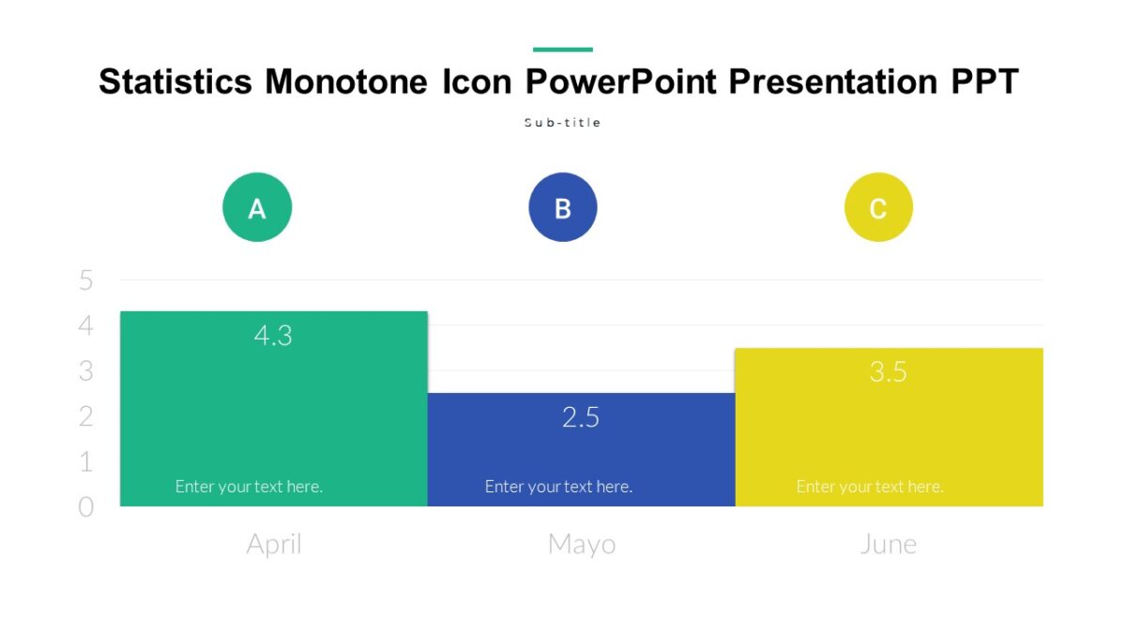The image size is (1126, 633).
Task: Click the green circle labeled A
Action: point(257,207)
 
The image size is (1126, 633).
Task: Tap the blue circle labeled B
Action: point(563,207)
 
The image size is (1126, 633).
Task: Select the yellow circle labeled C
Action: point(878,207)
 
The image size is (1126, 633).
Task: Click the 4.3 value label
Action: point(273,336)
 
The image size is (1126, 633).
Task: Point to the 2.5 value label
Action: point(581,417)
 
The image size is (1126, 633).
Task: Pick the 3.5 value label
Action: point(888,372)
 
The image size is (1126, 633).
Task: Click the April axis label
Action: point(274,544)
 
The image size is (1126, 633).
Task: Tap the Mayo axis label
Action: point(582,544)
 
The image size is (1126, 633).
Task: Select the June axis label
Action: point(888,544)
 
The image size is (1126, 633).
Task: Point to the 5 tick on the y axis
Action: point(86,280)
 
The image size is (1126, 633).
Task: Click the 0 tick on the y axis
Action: point(86,507)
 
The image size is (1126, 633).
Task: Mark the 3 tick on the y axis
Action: point(86,371)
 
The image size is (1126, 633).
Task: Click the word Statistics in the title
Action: point(175,83)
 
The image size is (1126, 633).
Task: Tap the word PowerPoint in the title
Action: point(622,83)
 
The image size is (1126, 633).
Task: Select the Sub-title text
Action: point(562,123)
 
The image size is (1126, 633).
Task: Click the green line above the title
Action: point(563,50)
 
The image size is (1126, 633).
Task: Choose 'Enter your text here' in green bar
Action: point(249,487)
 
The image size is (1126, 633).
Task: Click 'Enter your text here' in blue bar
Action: point(558,487)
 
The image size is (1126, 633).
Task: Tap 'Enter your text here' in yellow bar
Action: point(870,487)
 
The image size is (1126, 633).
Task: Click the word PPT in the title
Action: point(984,83)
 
